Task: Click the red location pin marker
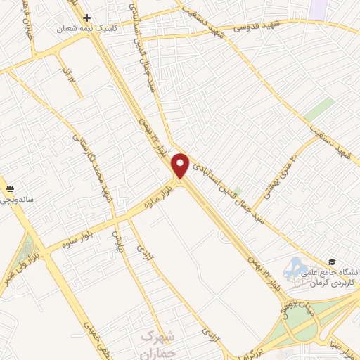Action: [181, 165]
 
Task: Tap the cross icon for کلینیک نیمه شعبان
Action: [86, 18]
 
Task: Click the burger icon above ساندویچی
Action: [10, 188]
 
